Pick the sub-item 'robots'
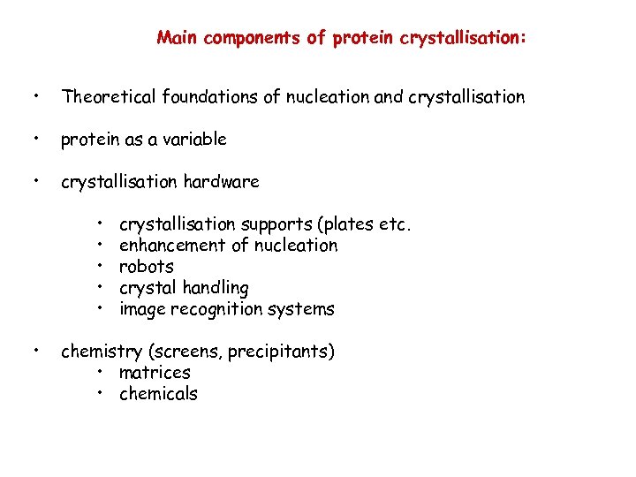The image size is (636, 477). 146,267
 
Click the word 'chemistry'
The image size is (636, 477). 96,352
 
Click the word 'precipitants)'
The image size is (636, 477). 281,352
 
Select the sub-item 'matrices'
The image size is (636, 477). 155,373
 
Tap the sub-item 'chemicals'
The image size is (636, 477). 158,394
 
